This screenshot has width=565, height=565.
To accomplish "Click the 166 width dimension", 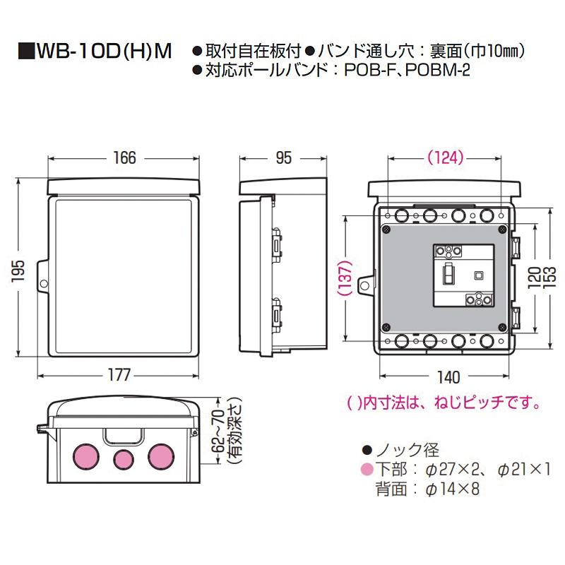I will point(124,158).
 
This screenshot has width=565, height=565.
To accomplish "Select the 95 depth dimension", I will point(282,158).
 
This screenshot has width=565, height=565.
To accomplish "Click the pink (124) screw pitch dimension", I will point(446,158).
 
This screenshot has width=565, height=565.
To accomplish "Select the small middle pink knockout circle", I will point(123,460).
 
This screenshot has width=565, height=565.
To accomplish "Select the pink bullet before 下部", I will point(365,468).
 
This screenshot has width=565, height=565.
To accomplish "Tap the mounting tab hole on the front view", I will point(42,284).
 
